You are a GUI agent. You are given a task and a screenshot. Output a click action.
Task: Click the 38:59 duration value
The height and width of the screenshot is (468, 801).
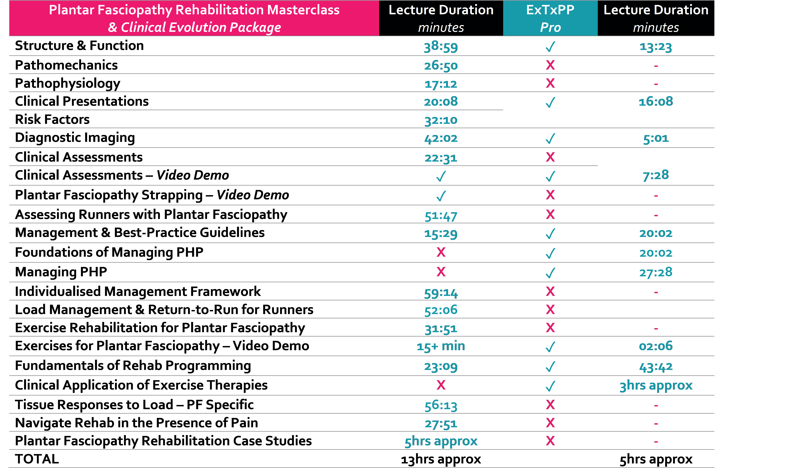[441, 47]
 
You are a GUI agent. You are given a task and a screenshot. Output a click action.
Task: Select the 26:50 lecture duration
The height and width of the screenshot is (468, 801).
[441, 66]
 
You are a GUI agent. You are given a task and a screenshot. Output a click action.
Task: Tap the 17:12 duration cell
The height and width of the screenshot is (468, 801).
[441, 84]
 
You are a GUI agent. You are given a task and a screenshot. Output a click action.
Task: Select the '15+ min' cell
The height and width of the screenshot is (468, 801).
[441, 346]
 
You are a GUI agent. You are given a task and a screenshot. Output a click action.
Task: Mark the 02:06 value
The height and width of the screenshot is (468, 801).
[656, 346]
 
